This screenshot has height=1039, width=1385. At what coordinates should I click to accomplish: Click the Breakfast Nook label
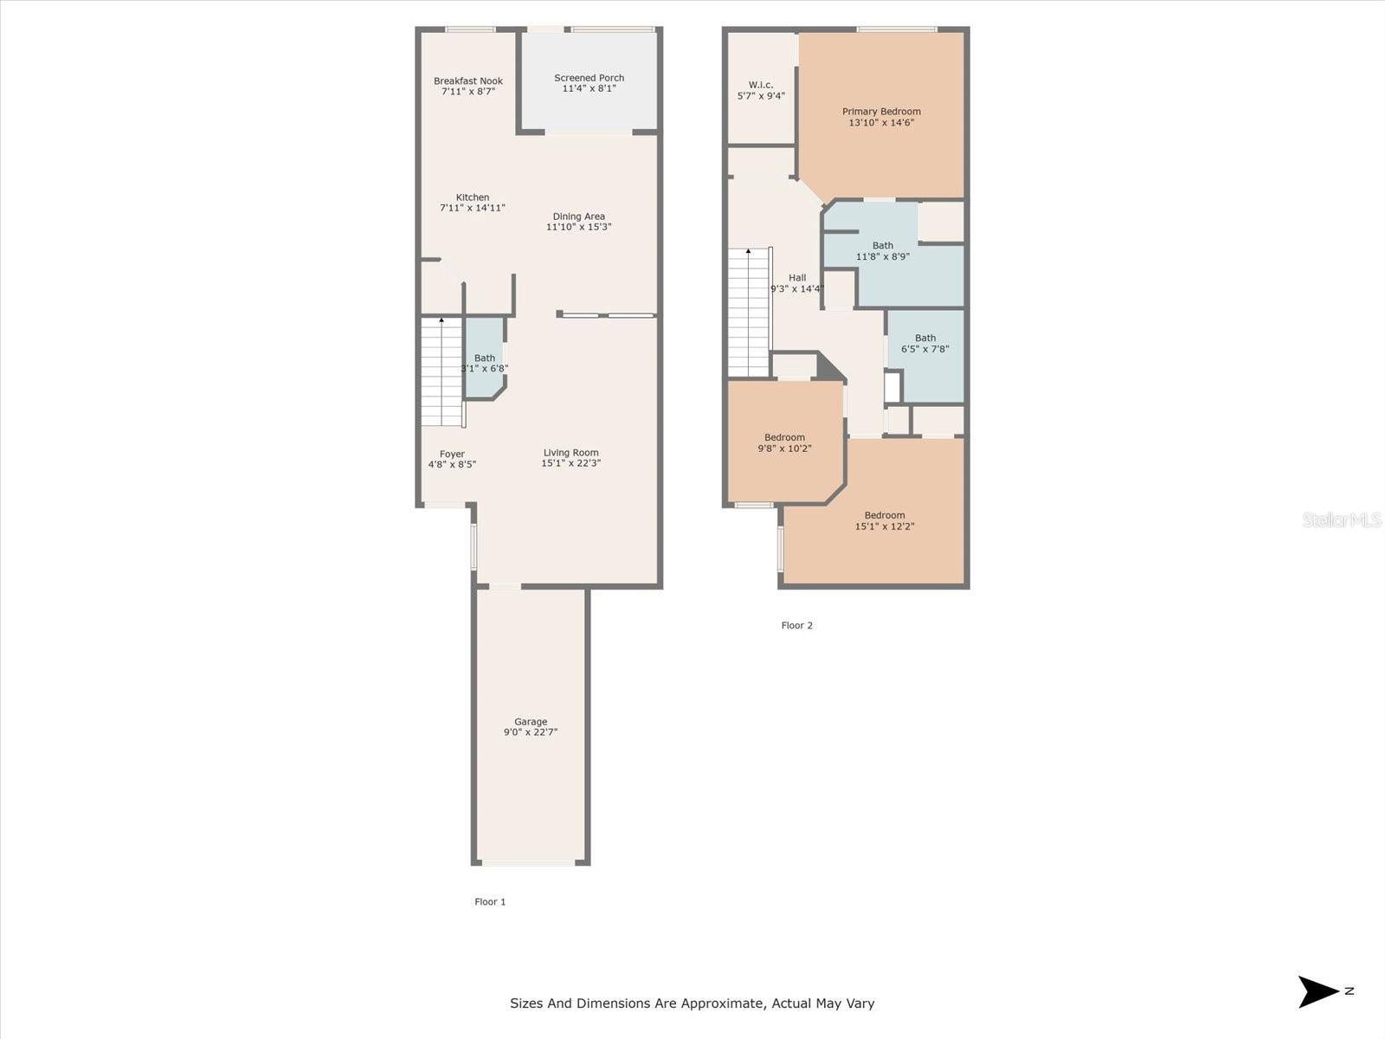468,81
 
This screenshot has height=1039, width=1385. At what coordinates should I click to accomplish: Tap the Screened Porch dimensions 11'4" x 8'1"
589,89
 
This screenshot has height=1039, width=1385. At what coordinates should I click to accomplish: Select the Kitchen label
473,197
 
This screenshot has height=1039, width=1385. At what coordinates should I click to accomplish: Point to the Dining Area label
578,216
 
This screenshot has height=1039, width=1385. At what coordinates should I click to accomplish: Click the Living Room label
571,452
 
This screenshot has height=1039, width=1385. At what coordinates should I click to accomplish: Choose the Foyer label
452,455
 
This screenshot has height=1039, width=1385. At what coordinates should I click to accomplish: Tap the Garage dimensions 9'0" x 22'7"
531,732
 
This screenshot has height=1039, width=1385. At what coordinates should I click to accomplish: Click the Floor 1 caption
490,902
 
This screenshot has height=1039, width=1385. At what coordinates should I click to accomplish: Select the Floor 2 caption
797,625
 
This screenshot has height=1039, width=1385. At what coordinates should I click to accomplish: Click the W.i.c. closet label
761,85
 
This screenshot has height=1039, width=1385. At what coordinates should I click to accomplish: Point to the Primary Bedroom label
881,112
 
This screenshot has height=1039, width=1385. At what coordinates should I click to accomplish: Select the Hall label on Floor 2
797,278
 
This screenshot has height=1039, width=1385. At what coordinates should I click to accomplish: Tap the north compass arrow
1317,991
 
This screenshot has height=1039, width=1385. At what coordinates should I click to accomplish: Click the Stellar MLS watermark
1342,519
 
